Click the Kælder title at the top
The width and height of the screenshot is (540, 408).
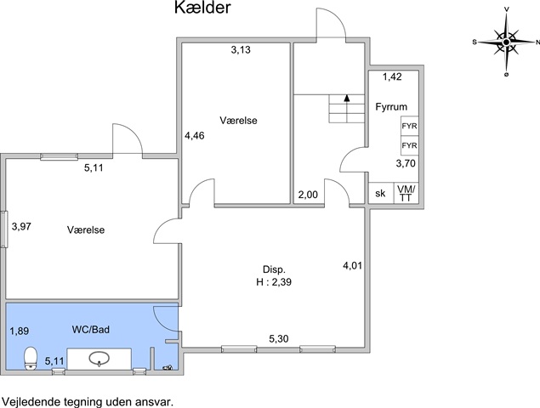pos(202,8)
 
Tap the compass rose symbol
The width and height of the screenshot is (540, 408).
pos(506,42)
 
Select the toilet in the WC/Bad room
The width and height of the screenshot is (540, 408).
pos(31,358)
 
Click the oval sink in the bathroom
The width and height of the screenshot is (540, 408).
pos(99,359)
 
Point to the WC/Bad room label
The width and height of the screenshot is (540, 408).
pos(91,330)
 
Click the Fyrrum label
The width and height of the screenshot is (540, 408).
pos(391,107)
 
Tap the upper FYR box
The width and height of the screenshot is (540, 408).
pos(410,126)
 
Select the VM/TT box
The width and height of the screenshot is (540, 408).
pos(406,193)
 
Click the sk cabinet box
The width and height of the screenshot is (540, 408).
pos(381,193)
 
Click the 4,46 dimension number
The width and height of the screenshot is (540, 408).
pos(195,136)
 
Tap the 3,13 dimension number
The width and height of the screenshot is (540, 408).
pos(241,50)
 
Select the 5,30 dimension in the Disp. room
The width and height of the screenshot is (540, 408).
pos(279,339)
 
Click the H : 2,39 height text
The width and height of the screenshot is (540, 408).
pos(274,282)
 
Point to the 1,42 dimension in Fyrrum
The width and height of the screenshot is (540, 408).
pos(392,76)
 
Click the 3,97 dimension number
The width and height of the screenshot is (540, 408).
pos(21,226)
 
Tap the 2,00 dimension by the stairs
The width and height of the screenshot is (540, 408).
pos(308,195)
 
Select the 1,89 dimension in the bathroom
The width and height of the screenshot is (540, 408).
pos(20,331)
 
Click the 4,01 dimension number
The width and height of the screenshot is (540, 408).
pos(352,265)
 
